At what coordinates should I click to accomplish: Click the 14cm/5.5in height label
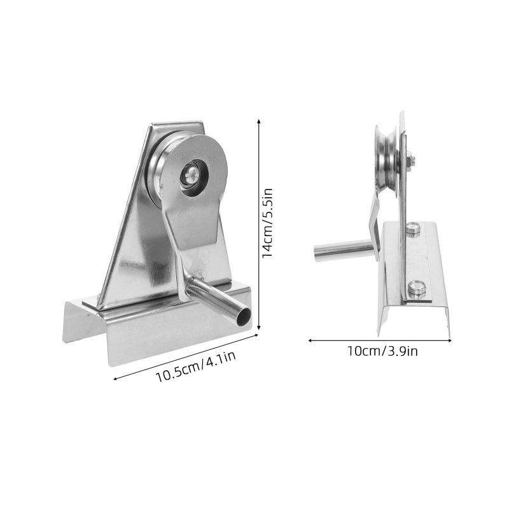pos(267,223)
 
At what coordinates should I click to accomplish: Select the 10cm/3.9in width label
pos(383,351)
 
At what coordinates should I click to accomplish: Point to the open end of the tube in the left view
pos(244,316)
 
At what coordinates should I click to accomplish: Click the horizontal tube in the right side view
pos(343,250)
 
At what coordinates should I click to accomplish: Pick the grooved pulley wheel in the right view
pos(387,161)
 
